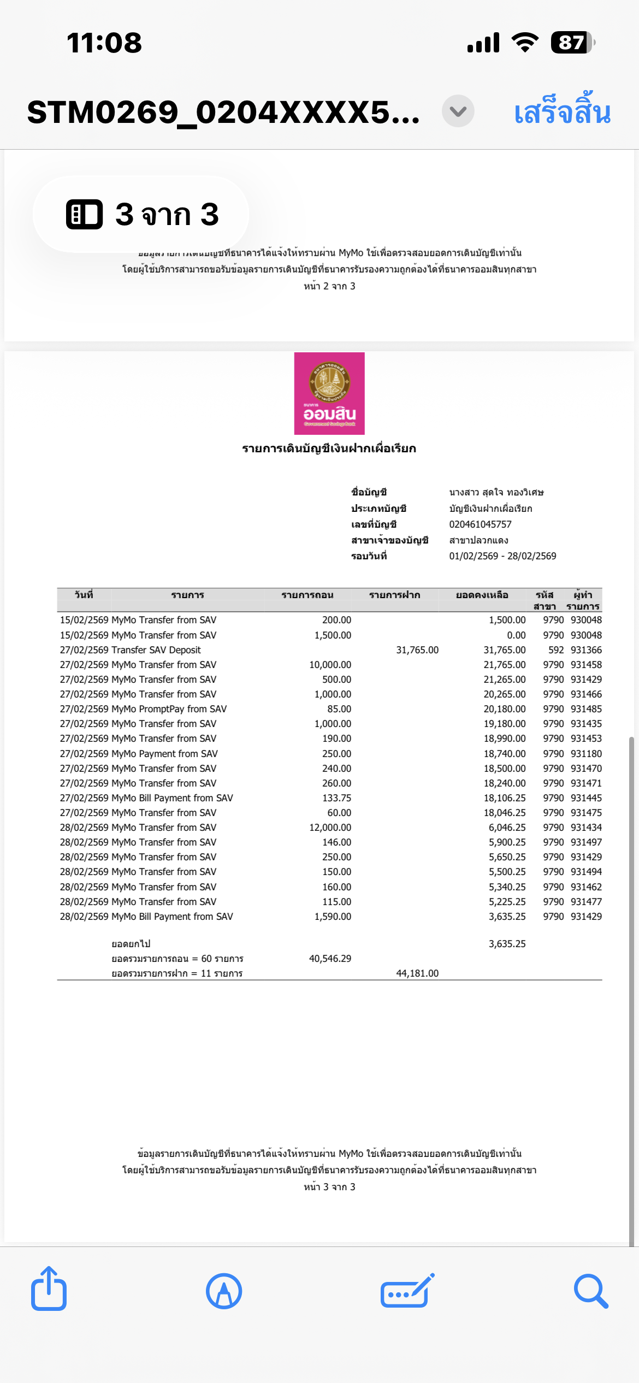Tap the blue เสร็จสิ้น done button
tap(562, 112)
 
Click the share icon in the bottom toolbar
tap(49, 1290)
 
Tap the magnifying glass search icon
tap(591, 1291)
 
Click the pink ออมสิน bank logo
tap(329, 393)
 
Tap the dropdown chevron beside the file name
tap(458, 111)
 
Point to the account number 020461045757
tap(480, 524)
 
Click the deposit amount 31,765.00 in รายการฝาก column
tap(417, 650)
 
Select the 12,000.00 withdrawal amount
tap(330, 828)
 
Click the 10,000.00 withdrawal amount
tap(330, 665)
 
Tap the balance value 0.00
tap(516, 635)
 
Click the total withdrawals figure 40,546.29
tap(330, 959)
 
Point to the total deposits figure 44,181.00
tap(417, 973)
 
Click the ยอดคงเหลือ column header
tap(482, 595)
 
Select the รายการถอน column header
tap(307, 595)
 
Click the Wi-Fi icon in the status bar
tap(525, 43)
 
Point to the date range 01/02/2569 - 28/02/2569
tap(502, 556)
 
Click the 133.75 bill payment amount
tap(336, 798)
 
